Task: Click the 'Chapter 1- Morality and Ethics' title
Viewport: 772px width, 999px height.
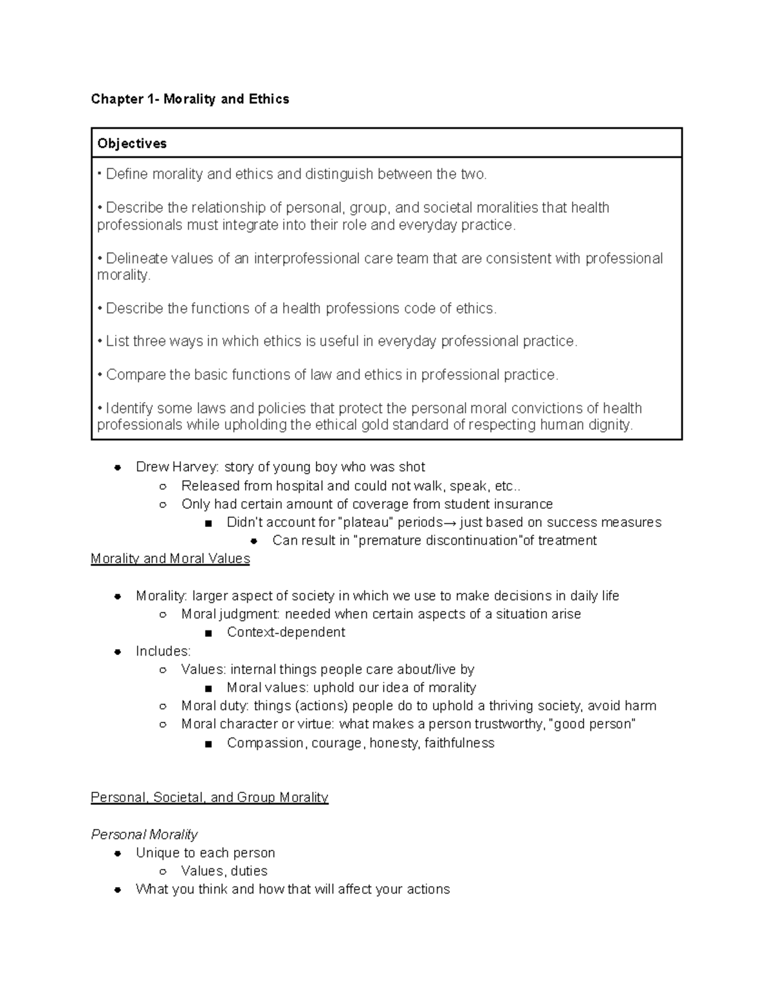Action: click(x=190, y=99)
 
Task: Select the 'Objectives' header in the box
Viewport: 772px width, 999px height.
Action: click(x=132, y=143)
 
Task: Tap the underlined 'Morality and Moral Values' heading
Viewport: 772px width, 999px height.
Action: click(x=170, y=558)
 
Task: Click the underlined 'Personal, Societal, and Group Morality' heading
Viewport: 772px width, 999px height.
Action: click(x=210, y=797)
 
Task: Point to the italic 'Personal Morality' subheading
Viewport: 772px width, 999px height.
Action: click(x=144, y=834)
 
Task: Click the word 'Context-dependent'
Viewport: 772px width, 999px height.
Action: click(x=286, y=632)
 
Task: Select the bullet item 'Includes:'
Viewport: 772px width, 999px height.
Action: click(x=163, y=651)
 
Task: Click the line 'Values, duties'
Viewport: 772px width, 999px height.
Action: click(x=224, y=871)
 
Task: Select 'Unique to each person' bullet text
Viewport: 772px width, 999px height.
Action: click(x=205, y=853)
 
